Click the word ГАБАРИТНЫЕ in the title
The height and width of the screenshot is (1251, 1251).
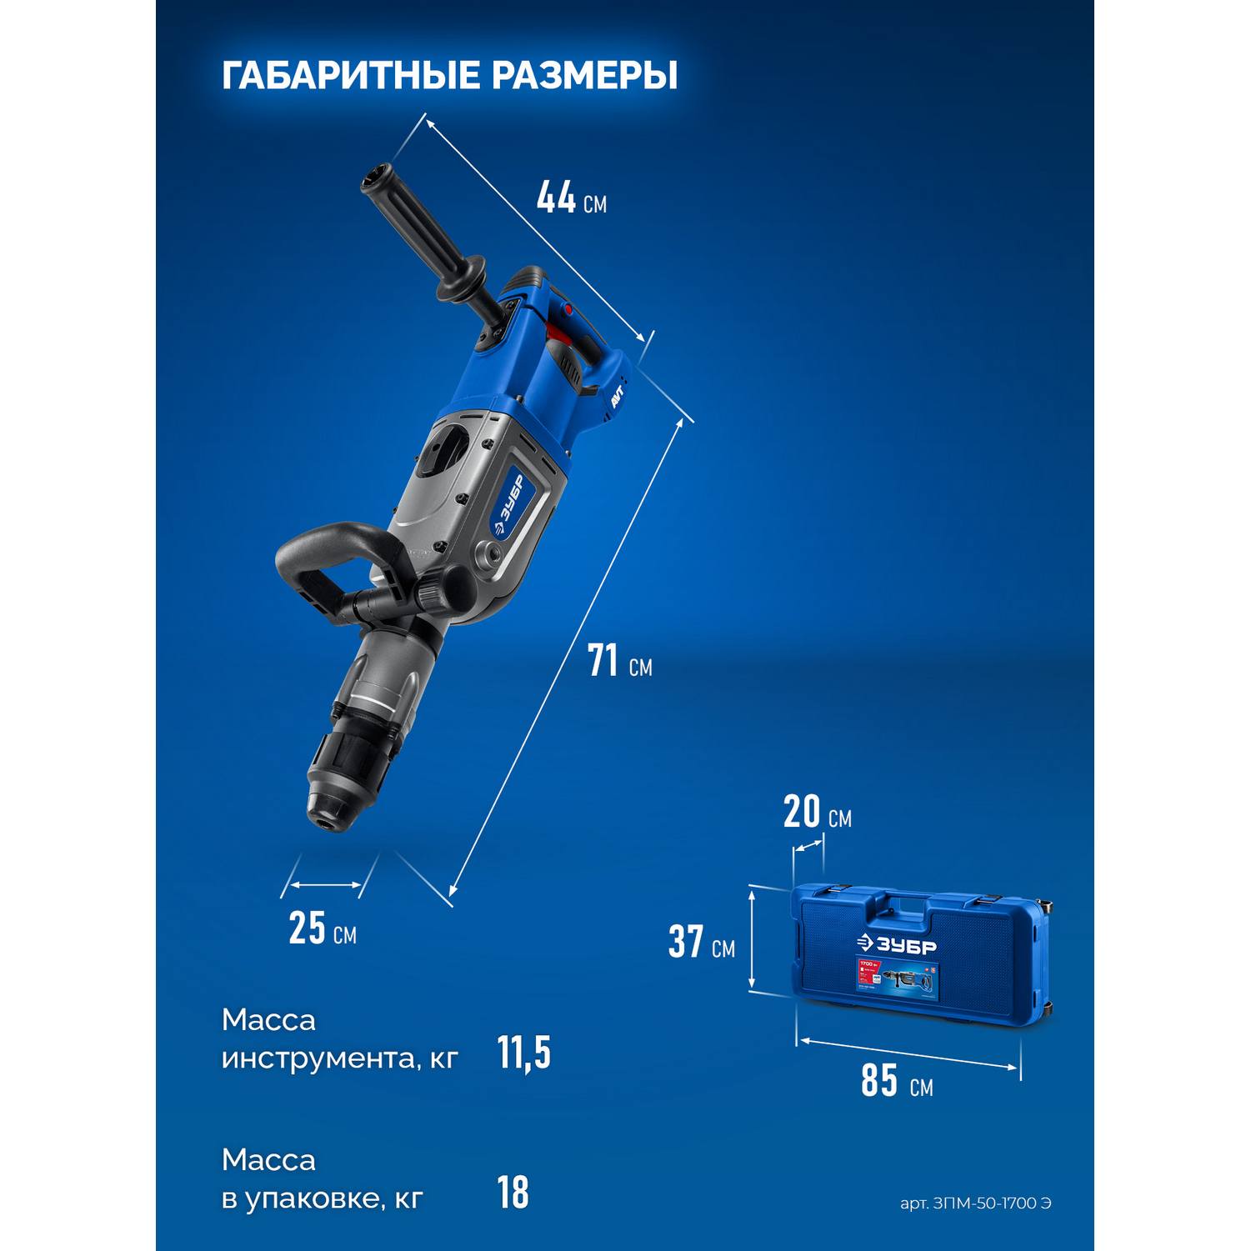tap(349, 76)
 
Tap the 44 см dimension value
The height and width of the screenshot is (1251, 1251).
tap(571, 198)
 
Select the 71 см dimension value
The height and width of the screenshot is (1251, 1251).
tap(619, 663)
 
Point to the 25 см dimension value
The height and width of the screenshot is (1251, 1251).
tap(322, 928)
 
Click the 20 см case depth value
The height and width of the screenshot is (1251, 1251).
tap(817, 814)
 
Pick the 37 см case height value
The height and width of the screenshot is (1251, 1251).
tap(701, 943)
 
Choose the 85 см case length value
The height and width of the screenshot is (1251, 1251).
tap(896, 1083)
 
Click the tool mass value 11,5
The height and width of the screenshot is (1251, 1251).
tap(523, 1053)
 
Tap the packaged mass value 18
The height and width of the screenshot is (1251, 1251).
tap(513, 1193)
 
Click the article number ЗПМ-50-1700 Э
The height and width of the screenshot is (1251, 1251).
tap(975, 1203)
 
